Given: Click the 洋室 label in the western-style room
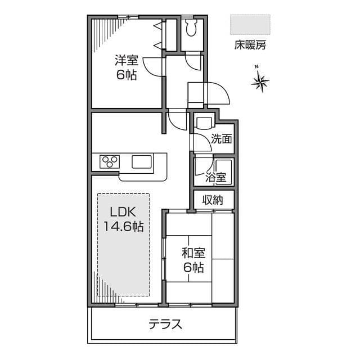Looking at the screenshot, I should (x=127, y=60).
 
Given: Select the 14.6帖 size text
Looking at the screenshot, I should (x=123, y=227).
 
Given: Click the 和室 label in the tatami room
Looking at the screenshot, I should (x=192, y=253).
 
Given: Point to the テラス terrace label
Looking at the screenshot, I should (x=165, y=324).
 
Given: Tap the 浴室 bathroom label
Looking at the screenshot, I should (x=215, y=177).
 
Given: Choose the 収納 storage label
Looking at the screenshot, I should (x=214, y=199).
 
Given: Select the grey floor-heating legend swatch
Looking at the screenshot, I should (x=250, y=25).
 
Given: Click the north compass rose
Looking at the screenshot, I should (x=260, y=83).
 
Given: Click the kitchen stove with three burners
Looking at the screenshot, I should (x=110, y=162).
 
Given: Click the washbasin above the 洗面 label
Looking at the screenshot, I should (x=202, y=121).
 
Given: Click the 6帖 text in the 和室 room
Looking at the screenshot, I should (x=192, y=268).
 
